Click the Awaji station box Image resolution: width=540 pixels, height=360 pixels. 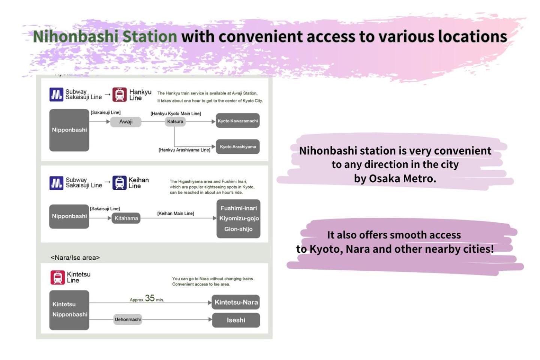click(x=126, y=121)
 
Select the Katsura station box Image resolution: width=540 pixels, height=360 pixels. click(x=175, y=121)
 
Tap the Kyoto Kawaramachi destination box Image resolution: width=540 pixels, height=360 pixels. click(x=238, y=121)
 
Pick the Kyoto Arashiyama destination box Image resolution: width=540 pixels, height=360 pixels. click(x=238, y=147)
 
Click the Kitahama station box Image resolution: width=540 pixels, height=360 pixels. click(x=126, y=218)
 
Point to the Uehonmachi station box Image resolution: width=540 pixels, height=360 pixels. click(x=127, y=319)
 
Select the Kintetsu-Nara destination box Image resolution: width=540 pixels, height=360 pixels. click(x=236, y=302)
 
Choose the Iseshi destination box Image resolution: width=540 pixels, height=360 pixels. click(x=236, y=320)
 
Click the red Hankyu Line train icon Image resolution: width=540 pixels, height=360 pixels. click(x=120, y=94)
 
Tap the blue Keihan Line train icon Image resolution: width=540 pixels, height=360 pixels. click(x=119, y=183)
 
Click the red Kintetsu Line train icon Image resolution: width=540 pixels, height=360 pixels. click(x=58, y=277)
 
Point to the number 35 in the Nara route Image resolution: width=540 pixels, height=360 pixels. click(x=150, y=298)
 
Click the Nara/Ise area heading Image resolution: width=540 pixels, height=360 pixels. click(x=75, y=258)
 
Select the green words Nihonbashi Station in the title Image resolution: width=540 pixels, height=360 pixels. click(x=105, y=36)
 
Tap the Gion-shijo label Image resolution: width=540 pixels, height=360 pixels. click(x=238, y=229)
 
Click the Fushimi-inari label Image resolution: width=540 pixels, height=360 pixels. click(x=238, y=208)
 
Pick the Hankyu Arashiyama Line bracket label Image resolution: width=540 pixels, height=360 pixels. click(x=184, y=150)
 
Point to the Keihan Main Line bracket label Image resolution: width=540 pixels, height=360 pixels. click(x=175, y=213)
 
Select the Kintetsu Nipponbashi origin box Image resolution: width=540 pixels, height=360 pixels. click(x=69, y=310)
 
